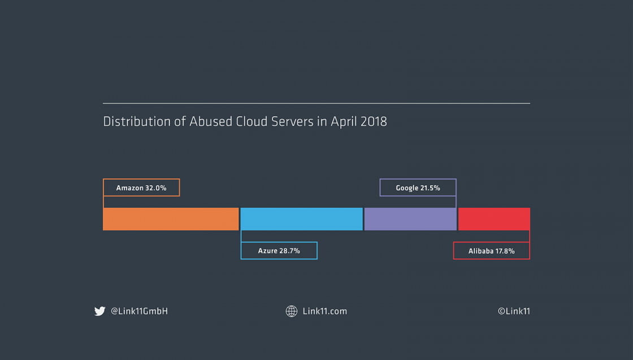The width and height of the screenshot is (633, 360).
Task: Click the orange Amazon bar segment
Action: [x=171, y=219]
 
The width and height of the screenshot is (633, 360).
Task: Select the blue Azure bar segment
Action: [x=301, y=219]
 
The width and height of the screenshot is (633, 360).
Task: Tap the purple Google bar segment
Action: [x=410, y=219]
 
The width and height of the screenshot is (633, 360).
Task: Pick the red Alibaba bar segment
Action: [x=494, y=219]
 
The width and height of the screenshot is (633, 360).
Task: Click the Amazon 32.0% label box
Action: [x=141, y=188]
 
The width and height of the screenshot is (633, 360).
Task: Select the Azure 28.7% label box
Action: [x=279, y=250]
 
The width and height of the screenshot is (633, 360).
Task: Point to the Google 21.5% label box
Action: [x=418, y=188]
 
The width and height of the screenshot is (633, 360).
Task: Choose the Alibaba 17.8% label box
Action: [x=491, y=250]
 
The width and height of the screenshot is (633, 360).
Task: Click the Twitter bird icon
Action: [x=100, y=311]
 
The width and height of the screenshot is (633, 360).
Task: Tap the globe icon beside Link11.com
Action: [x=292, y=311]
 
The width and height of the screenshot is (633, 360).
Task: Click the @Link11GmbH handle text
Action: [x=139, y=311]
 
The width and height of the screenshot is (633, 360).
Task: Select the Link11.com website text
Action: [x=324, y=311]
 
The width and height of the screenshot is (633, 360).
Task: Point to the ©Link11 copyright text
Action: [x=514, y=311]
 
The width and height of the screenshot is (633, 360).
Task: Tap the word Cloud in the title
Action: [x=252, y=122]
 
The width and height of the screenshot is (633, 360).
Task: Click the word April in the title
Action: [x=344, y=122]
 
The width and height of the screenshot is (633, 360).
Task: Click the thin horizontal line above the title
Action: [x=316, y=103]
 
